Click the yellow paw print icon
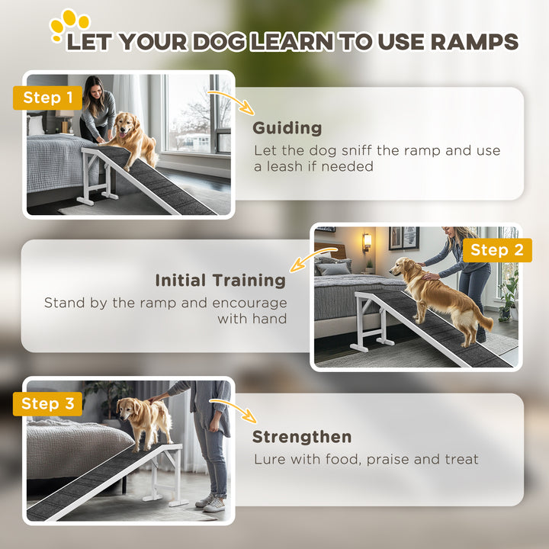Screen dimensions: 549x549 click(68, 25)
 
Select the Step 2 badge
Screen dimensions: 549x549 click(496, 250)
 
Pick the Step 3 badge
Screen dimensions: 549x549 click(47, 403)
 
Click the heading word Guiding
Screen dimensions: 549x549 click(287, 128)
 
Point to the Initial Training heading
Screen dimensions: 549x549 click(220, 281)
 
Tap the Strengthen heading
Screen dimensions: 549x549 click(302, 437)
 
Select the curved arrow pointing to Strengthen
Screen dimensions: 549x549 click(242, 411)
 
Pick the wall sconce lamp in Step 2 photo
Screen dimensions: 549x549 click(367, 242)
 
